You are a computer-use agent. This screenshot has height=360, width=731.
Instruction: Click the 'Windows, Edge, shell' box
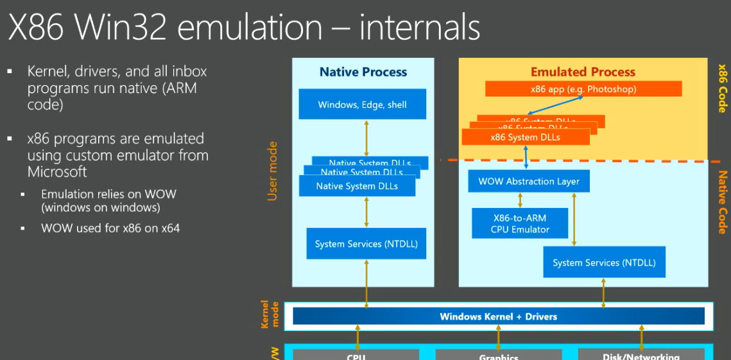pos(363,104)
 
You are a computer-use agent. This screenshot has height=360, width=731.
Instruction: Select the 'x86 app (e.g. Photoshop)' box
pos(583,89)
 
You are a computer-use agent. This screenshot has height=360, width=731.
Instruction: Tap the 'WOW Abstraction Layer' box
pos(529,181)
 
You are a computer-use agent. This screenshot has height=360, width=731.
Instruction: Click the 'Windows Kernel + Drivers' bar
pos(498,316)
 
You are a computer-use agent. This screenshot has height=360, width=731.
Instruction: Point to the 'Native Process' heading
pos(363,72)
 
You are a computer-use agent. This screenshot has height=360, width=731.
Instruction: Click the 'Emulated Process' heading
pos(583,72)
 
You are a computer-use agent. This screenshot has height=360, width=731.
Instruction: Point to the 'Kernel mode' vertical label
pos(270,314)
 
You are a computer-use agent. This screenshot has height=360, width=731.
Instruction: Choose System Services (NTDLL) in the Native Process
pos(366,244)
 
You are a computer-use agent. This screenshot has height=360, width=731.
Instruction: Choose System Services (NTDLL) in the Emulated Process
pos(604,262)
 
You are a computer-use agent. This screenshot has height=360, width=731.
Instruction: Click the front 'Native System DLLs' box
pos(357,186)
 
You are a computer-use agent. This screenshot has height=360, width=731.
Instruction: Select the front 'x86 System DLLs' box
pos(525,137)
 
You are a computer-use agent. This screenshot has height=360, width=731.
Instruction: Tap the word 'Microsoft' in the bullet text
pos(57,171)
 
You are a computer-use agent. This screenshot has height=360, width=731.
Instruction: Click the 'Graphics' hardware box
pos(499,355)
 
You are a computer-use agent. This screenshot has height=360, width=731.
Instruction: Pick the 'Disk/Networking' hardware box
pos(641,355)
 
